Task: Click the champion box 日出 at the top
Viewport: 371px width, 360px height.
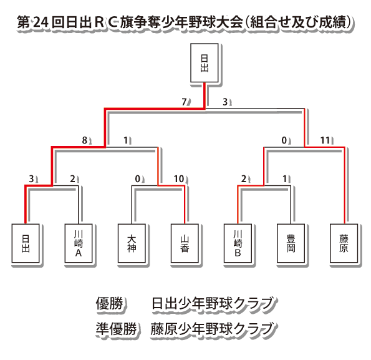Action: (204, 63)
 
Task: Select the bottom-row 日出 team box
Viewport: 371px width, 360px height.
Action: (26, 243)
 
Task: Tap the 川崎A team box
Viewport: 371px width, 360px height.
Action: (79, 243)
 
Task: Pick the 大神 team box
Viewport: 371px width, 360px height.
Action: (132, 243)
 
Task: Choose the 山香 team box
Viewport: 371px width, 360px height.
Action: (185, 243)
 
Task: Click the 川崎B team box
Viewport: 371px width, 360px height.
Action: (238, 243)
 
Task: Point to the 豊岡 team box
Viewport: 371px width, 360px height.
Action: (291, 243)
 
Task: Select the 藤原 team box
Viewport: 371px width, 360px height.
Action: (344, 243)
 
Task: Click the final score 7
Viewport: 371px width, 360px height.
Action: (184, 102)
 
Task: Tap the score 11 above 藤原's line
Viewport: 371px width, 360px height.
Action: (325, 140)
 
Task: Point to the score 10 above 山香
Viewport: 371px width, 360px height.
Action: (178, 179)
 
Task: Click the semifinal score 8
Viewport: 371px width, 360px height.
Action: (84, 140)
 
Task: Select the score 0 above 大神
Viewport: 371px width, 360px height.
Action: (137, 179)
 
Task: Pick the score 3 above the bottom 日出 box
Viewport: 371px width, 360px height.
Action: (31, 179)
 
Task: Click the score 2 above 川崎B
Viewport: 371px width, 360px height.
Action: (244, 179)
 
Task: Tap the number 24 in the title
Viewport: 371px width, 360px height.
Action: (41, 22)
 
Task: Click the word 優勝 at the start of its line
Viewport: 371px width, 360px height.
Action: (109, 303)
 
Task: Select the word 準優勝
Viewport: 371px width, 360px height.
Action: (116, 329)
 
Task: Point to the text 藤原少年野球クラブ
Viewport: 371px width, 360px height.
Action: (212, 329)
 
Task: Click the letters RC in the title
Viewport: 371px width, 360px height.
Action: (106, 22)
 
